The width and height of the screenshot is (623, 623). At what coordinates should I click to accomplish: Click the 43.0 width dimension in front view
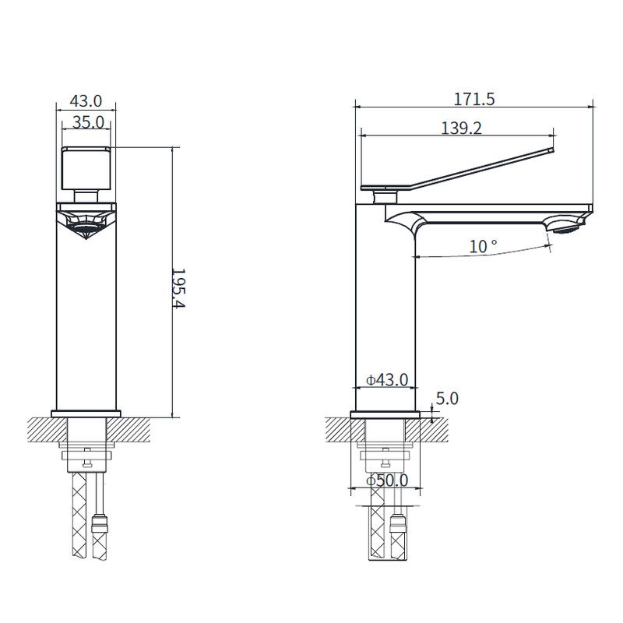[x=86, y=101]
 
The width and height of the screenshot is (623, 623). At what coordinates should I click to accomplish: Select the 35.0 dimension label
[x=88, y=121]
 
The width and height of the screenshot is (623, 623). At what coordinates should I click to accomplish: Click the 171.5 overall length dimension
[x=475, y=99]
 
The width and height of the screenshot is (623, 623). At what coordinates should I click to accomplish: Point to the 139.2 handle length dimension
[x=461, y=128]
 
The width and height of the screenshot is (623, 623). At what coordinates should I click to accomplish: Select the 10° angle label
[x=483, y=246]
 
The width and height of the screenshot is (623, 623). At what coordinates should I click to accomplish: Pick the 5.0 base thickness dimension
[x=446, y=399]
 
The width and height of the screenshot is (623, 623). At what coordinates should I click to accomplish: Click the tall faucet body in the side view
[x=385, y=311]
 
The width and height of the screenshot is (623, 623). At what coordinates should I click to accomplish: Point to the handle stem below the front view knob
[x=86, y=195]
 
